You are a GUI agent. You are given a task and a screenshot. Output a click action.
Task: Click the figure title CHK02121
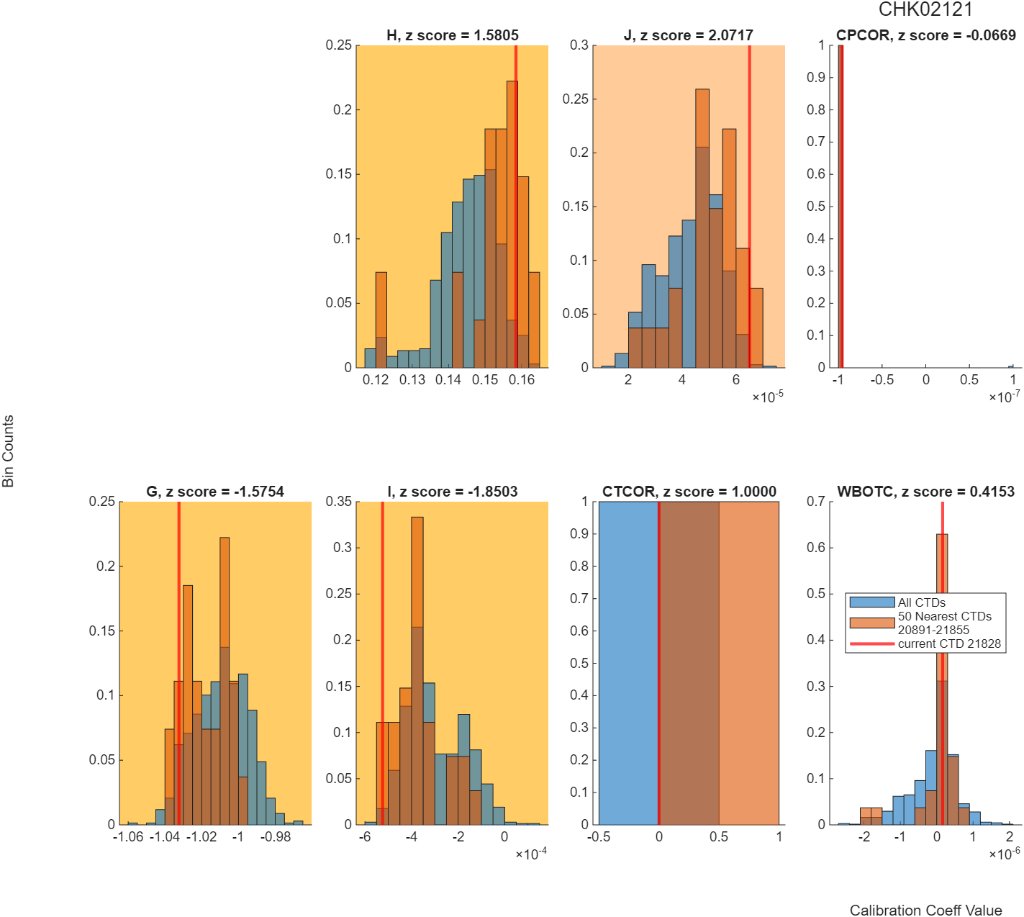point(925,9)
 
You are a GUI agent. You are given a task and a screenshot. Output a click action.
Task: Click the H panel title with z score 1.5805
point(453,35)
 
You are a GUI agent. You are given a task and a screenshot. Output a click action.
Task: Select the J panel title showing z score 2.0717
point(689,35)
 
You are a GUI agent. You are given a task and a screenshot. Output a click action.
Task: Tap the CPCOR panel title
point(926,35)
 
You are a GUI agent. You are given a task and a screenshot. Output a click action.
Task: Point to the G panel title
point(215,492)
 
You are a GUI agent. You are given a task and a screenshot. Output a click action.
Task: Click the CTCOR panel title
point(689,492)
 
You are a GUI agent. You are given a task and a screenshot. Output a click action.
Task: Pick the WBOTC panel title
point(926,492)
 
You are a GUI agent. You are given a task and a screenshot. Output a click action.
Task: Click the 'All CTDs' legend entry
point(921,602)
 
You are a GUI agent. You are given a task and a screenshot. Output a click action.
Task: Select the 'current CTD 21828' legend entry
point(949,644)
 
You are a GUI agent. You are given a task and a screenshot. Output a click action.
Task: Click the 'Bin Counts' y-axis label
point(8,451)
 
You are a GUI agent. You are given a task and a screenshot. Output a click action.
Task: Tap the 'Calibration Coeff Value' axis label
point(926,909)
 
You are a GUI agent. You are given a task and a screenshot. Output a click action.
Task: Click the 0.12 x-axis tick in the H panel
point(376,379)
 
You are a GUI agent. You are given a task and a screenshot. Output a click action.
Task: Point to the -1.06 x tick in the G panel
point(128,836)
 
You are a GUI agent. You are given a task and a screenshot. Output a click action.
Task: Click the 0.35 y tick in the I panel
point(339,502)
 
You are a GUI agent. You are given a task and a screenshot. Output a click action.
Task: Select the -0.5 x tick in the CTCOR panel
point(599,836)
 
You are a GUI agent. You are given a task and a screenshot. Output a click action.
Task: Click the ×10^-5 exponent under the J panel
point(768,397)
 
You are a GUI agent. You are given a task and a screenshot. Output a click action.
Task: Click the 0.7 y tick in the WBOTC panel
point(816,502)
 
